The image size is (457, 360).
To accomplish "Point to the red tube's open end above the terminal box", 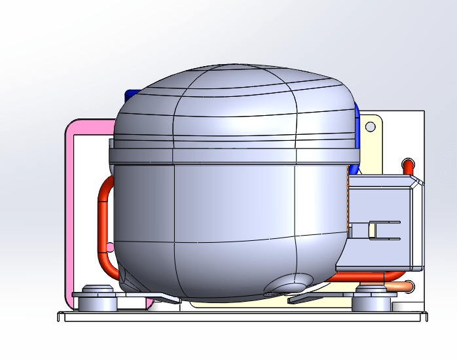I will [409, 163].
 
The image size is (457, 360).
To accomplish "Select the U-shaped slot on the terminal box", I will [383, 230].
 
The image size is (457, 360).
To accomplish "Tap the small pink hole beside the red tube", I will [110, 247].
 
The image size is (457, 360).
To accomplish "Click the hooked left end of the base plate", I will [59, 317].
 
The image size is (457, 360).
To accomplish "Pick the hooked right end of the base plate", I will [426, 317].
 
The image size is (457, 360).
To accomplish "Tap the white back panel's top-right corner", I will [423, 112].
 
